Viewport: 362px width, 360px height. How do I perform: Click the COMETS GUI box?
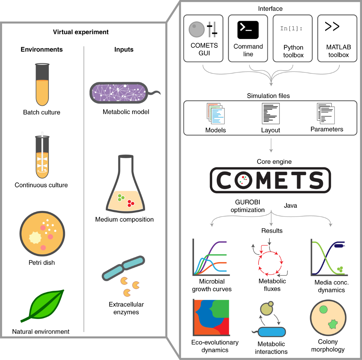tap(203, 38)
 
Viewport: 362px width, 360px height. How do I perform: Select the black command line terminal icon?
tap(248, 30)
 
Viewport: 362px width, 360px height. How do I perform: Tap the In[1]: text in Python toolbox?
tap(291, 28)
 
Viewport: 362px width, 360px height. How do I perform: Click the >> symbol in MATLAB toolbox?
tap(332, 26)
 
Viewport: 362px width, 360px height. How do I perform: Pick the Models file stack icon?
tap(216, 114)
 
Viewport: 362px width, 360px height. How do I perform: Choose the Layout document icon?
tap(271, 114)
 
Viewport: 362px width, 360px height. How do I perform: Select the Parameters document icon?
tap(326, 114)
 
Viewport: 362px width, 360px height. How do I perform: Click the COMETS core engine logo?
tap(270, 180)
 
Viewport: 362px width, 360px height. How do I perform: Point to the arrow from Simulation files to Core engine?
tap(271, 145)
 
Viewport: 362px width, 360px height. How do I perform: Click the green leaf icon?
tap(43, 306)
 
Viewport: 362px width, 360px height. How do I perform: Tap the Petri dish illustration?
tap(42, 233)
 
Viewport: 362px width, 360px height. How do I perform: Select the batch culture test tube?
tap(42, 85)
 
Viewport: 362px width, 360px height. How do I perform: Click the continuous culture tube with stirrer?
tap(42, 155)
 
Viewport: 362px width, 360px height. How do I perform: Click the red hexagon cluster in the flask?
tap(131, 203)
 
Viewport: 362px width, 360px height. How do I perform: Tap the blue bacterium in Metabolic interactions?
tap(269, 332)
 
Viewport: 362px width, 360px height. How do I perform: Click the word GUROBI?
tap(248, 202)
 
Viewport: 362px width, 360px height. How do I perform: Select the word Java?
tap(291, 206)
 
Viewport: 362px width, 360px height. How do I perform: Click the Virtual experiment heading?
tap(81, 32)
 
